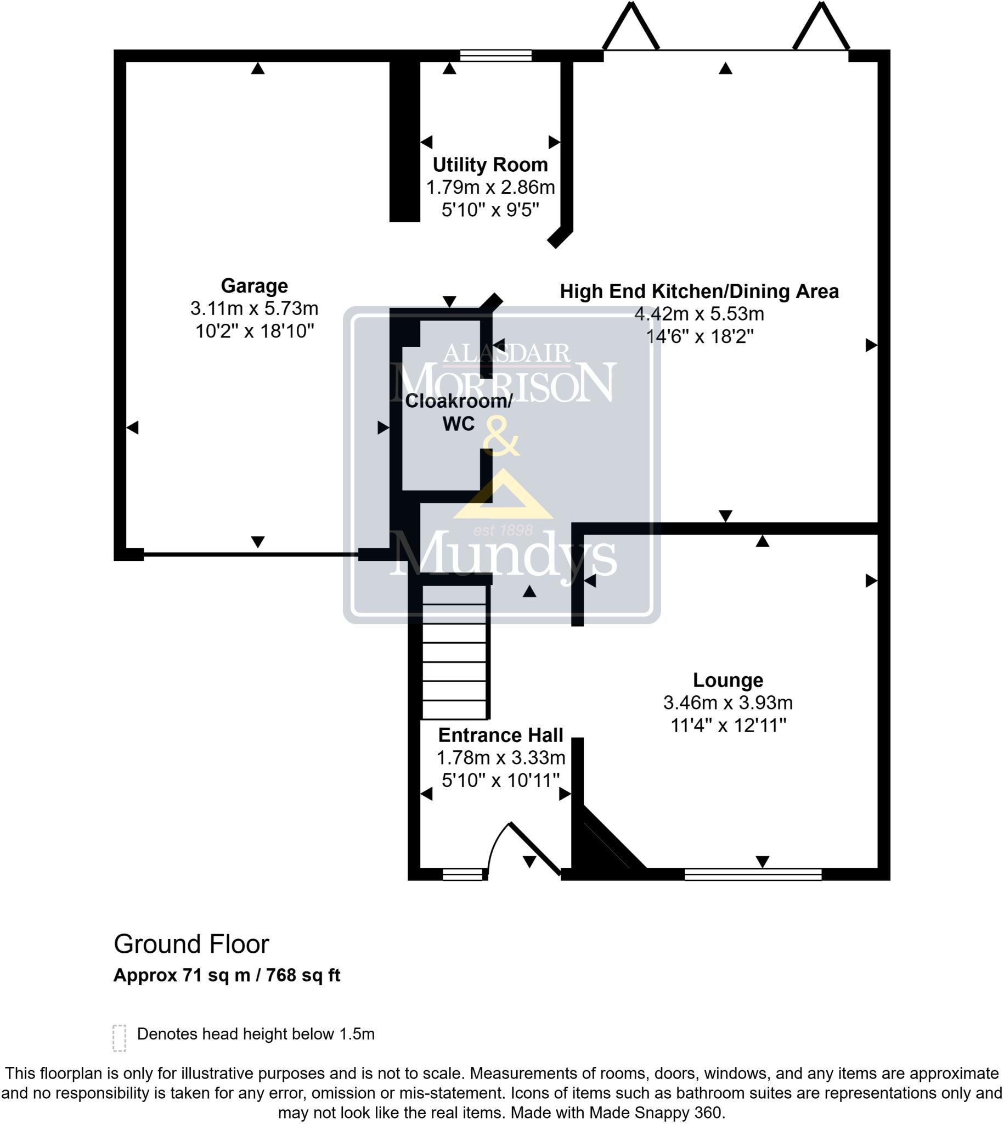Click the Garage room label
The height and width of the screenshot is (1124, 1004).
coord(255,286)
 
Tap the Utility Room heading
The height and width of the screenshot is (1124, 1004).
coord(490,165)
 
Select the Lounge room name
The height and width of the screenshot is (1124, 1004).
coord(727,680)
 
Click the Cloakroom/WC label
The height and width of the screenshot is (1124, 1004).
coord(459,412)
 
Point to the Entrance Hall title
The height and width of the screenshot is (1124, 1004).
coord(500,735)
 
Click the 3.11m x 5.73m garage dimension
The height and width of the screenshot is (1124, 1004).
coord(255,308)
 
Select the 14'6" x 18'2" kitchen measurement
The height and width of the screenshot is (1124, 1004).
coord(700,336)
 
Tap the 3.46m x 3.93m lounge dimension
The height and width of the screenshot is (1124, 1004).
coord(727,702)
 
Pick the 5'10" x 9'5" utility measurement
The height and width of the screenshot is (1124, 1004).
coord(490,210)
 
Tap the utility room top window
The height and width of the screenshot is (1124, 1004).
coord(495,55)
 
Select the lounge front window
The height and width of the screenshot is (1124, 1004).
coord(752,874)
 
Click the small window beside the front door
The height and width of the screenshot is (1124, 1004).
coord(462,874)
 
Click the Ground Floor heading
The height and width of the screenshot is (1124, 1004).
coord(191,944)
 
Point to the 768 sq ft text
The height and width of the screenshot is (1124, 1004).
coord(303,976)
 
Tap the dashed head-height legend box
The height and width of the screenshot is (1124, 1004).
coord(119,1038)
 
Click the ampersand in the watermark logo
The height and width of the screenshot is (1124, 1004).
coord(501,436)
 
